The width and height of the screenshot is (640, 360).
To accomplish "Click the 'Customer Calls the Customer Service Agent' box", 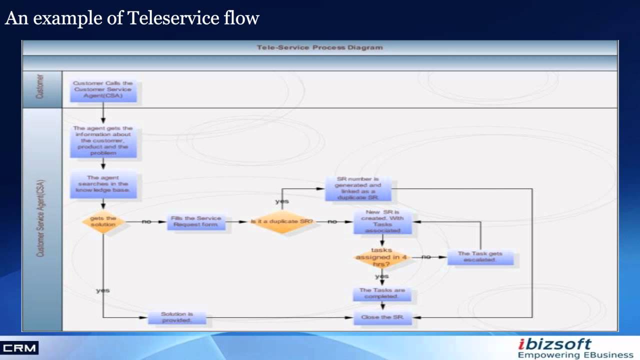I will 103,90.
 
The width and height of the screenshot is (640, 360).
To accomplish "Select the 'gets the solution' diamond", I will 103,221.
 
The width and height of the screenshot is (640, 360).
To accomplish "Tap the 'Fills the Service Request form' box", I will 196,221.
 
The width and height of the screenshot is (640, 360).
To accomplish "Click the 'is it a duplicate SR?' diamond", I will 282,221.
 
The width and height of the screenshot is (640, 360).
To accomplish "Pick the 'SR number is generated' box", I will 358,188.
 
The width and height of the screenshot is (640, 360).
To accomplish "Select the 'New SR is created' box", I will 382,221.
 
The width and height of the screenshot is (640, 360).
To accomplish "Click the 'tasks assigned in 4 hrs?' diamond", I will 381,257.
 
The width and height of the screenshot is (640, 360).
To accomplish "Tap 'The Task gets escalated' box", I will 479,257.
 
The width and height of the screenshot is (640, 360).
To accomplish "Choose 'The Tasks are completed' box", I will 382,293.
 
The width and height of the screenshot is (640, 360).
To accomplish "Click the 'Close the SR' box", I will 382,317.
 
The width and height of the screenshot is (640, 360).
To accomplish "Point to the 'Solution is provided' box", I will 176,317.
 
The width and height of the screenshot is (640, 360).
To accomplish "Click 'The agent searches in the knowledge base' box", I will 103,184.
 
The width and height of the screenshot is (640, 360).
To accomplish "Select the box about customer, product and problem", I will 103,141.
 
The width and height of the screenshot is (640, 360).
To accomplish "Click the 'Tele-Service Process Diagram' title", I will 320,47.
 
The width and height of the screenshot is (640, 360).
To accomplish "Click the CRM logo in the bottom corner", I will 19,348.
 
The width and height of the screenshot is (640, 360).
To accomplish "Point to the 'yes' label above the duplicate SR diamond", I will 282,201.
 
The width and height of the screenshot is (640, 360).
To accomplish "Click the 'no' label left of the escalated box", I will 426,257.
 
